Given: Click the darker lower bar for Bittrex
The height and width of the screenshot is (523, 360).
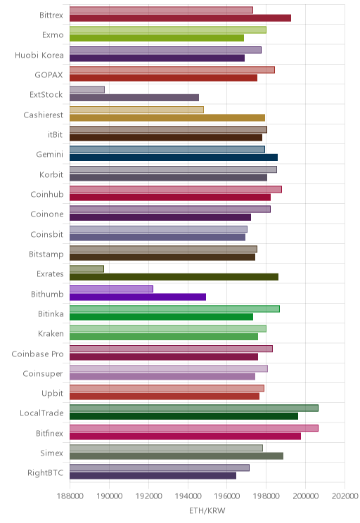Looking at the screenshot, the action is tap(180, 18).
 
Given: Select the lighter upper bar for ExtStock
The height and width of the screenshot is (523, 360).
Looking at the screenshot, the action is tap(87, 89).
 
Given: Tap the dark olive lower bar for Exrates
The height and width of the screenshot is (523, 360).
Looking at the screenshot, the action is tap(174, 277).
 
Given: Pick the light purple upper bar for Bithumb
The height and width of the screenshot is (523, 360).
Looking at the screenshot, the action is tap(111, 289).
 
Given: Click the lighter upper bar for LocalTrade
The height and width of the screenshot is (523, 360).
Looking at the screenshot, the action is tap(194, 408).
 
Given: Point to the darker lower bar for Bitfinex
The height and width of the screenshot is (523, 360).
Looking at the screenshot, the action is tap(185, 436).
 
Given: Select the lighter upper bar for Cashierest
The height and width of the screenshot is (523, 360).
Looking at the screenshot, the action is tap(136, 110).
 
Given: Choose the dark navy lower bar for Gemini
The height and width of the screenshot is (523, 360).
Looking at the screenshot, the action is tap(174, 157).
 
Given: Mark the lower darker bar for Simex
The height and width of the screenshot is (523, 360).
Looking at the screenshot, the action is tap(176, 456).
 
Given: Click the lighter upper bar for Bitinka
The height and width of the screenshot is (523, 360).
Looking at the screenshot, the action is tap(174, 309).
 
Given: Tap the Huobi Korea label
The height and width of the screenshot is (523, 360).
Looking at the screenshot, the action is tap(39, 55).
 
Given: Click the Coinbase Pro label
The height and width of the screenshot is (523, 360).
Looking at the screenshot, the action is tap(37, 354).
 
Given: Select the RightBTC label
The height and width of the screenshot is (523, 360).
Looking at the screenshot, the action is tap(46, 472).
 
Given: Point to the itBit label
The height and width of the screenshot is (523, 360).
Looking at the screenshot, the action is tap(55, 134).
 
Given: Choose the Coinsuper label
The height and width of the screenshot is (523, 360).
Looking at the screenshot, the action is tap(43, 373).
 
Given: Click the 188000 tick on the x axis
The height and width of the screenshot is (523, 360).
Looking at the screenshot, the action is tap(70, 496).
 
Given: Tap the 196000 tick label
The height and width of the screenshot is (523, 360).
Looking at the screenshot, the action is tap(227, 496).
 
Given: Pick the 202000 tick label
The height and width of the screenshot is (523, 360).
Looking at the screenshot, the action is tap(345, 496).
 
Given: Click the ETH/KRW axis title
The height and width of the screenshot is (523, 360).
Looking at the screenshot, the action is tap(207, 510).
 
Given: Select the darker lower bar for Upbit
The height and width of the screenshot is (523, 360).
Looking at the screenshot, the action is tap(165, 396).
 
